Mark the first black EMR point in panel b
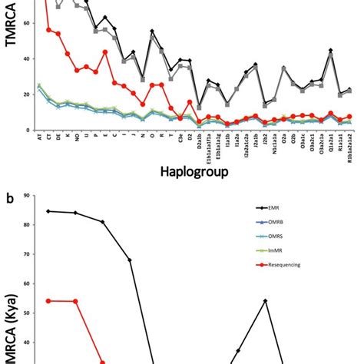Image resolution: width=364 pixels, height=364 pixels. click(48, 211)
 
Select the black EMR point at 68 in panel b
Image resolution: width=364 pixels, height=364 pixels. click(129, 260)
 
